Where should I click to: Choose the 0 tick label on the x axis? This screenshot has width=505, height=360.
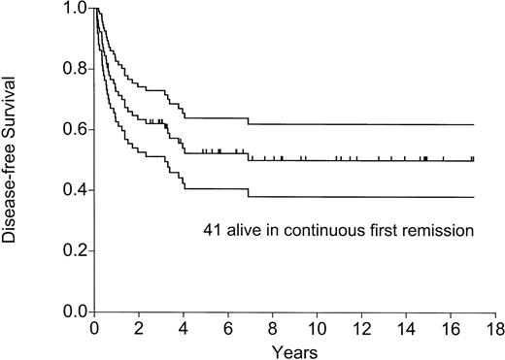pos(94,328)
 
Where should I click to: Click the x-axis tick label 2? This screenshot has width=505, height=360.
pos(139,328)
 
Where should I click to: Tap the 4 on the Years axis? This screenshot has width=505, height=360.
pos(184,328)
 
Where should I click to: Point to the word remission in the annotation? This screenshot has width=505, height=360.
pos(442,231)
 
